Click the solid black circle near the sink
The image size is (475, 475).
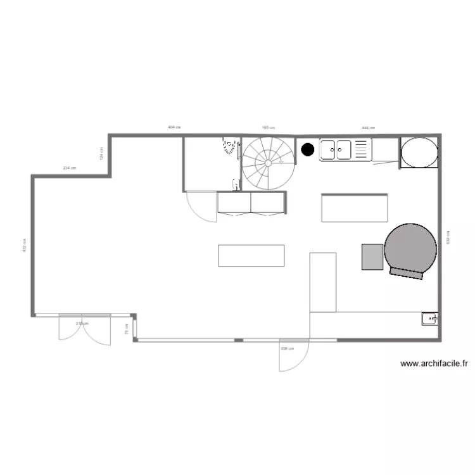[308, 149]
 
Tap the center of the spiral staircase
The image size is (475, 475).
[269, 163]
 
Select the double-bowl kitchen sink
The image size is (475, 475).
[336, 149]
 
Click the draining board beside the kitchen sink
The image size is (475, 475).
[362, 149]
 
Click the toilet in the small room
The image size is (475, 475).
[228, 146]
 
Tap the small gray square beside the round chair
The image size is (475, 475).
[373, 256]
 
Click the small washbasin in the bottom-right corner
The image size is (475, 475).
[429, 319]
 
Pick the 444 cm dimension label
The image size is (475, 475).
[368, 128]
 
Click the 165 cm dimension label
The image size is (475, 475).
[267, 128]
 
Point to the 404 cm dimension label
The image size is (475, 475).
[174, 128]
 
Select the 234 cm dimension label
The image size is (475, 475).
[69, 168]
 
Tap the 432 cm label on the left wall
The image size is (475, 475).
[24, 246]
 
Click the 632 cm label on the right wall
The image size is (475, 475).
[448, 237]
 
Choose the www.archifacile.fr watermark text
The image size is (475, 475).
[434, 364]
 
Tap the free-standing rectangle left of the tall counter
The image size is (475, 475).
[251, 255]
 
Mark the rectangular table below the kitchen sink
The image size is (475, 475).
[355, 208]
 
